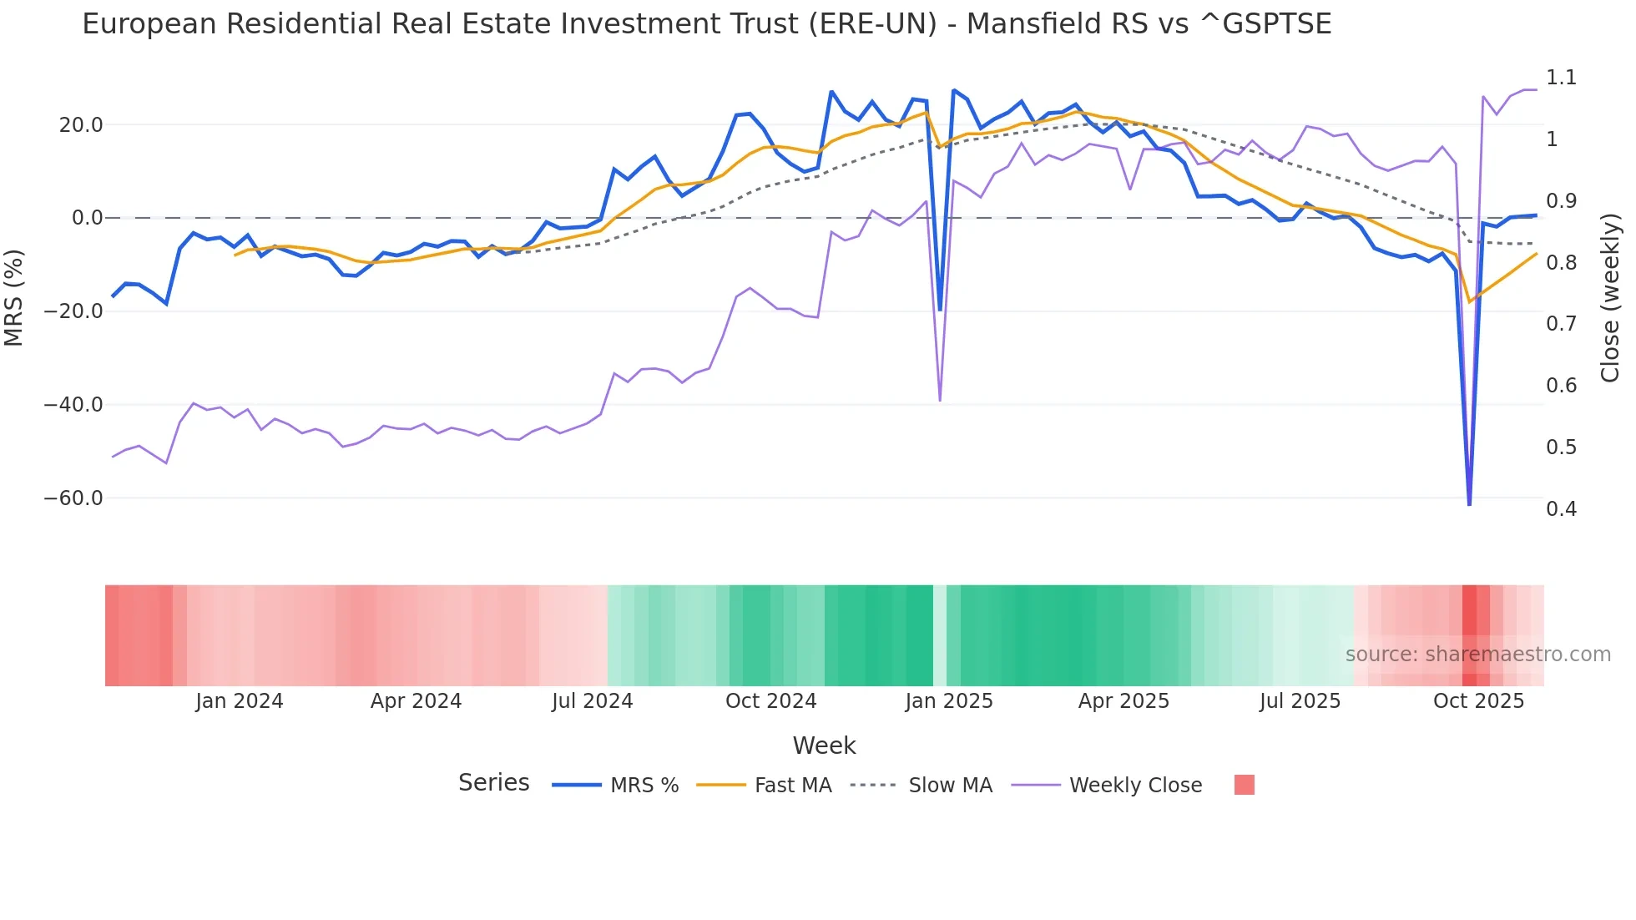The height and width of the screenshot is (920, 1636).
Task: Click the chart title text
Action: pyautogui.click(x=706, y=24)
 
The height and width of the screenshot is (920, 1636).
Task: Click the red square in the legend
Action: pyautogui.click(x=1244, y=785)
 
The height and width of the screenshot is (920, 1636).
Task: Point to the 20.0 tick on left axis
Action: pyautogui.click(x=81, y=125)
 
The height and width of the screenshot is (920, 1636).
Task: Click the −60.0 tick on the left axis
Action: pyautogui.click(x=73, y=498)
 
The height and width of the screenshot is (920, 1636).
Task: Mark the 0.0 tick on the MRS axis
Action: pyautogui.click(x=88, y=218)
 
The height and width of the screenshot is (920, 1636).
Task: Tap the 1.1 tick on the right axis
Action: pyautogui.click(x=1561, y=78)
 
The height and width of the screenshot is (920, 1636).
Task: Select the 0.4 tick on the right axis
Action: pyautogui.click(x=1561, y=508)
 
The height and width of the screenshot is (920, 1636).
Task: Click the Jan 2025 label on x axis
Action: pyautogui.click(x=949, y=701)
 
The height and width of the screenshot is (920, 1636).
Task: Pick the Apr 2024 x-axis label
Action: pyautogui.click(x=416, y=701)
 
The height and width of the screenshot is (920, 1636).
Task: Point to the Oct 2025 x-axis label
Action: pyautogui.click(x=1478, y=701)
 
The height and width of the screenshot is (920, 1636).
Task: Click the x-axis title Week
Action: pyautogui.click(x=824, y=746)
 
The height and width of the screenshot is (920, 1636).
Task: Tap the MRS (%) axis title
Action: pyautogui.click(x=14, y=297)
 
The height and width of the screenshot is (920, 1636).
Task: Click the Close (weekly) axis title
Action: pyautogui.click(x=1610, y=297)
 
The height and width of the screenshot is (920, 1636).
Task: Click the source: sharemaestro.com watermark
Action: pyautogui.click(x=1477, y=655)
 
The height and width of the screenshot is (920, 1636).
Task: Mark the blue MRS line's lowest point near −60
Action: pyautogui.click(x=1469, y=504)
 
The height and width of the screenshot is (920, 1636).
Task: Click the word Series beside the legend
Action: pyautogui.click(x=493, y=783)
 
